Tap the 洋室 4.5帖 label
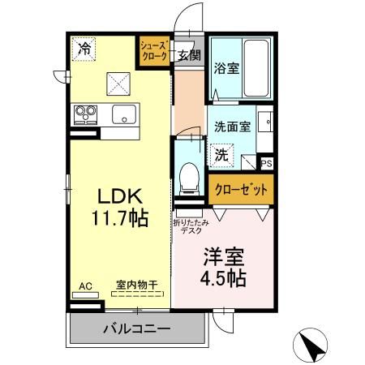pyautogui.click(x=223, y=266)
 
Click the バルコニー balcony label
pyautogui.click(x=136, y=330)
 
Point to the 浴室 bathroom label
pyautogui.click(x=225, y=69)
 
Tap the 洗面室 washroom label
pyautogui.click(x=231, y=127)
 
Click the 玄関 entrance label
pyautogui.click(x=189, y=55)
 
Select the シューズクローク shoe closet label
pyautogui.click(x=154, y=51)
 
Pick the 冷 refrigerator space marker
pyautogui.click(x=84, y=49)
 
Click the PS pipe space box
pyautogui.click(x=267, y=163)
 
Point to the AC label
pyautogui.click(x=85, y=285)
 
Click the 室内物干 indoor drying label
pyautogui.click(x=136, y=285)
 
